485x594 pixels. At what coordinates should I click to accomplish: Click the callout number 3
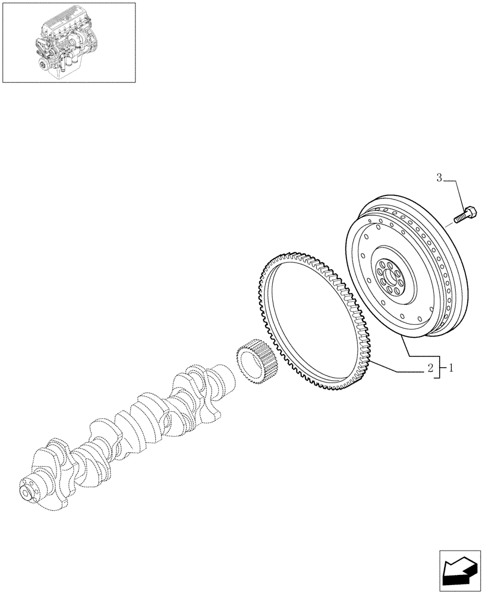point(439,177)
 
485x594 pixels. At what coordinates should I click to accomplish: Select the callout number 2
point(429,369)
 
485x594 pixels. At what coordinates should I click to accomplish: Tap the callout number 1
point(451,369)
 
